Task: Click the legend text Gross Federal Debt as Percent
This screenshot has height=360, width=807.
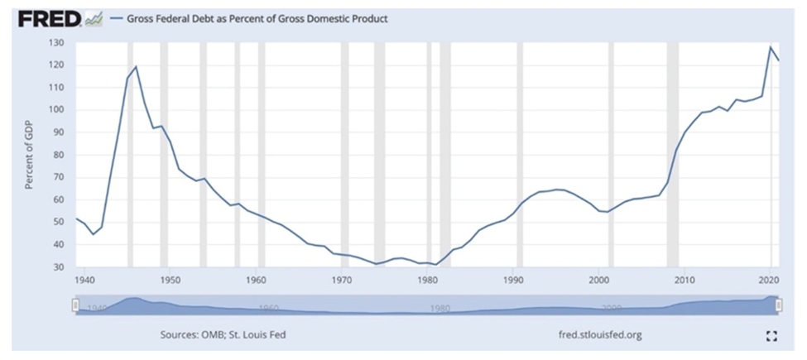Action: (x=257, y=18)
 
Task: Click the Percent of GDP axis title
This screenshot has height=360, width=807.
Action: (x=29, y=154)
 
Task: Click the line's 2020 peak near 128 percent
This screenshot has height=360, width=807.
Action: (x=771, y=46)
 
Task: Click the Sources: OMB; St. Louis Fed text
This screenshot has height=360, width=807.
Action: (x=223, y=335)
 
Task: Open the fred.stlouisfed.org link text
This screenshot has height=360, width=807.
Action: (x=600, y=335)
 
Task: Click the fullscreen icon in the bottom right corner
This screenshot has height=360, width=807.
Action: (x=771, y=335)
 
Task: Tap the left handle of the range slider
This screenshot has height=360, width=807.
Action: (x=75, y=305)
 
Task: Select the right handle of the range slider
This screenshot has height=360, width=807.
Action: (x=779, y=305)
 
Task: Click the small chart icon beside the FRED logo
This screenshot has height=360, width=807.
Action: (x=94, y=17)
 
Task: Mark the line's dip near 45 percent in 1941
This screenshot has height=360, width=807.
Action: (x=93, y=234)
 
